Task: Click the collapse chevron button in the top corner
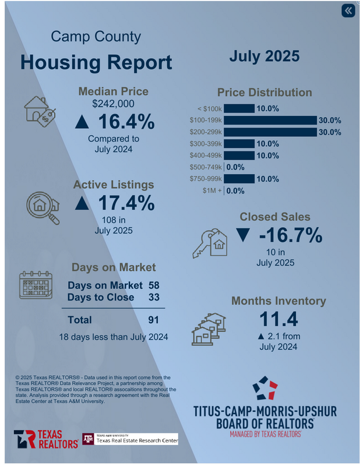[x=348, y=11]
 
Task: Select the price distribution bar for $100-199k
[x=270, y=120]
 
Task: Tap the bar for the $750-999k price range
[x=239, y=178]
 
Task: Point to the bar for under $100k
[x=239, y=108]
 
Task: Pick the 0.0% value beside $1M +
[x=235, y=190]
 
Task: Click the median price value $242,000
[x=114, y=104]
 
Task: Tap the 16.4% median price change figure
[x=115, y=122]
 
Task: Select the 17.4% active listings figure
[x=115, y=203]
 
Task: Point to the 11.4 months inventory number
[x=280, y=319]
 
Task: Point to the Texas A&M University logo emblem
[x=88, y=439]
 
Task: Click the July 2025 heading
[x=264, y=57]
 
